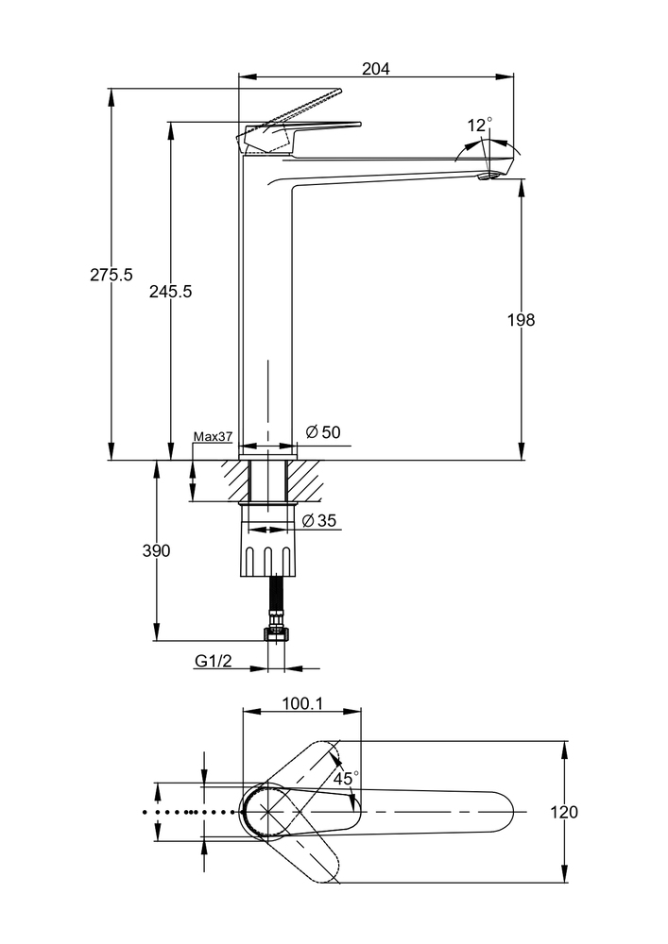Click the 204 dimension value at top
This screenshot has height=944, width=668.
coord(376,68)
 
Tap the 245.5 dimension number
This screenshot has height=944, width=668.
coord(170,292)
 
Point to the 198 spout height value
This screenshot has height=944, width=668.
coord(520,320)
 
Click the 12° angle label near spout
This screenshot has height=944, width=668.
coord(479,125)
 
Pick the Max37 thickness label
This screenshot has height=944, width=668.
coord(213,436)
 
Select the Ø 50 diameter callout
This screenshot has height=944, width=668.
coord(323,432)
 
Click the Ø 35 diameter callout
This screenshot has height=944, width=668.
coord(320,520)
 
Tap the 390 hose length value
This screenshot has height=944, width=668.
coord(156,551)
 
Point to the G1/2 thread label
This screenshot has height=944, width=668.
coord(214,662)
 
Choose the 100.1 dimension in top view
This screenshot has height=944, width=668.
coord(302,703)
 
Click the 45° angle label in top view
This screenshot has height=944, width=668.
coord(346,779)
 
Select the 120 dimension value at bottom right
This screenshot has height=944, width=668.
coord(564,812)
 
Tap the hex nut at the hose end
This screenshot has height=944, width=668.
coord(276,633)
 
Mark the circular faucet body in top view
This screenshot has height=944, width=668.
coord(267,812)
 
